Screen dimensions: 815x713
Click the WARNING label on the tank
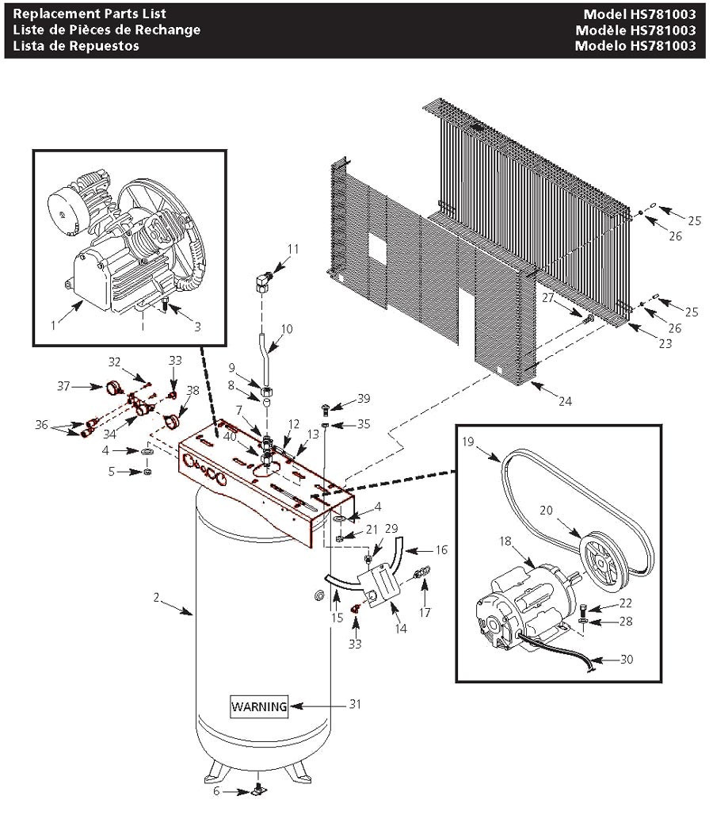260,706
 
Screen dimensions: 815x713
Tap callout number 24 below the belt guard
564,402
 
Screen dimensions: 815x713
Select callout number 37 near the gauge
64,386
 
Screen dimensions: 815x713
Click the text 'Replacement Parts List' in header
90,14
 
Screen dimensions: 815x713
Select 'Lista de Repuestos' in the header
76,45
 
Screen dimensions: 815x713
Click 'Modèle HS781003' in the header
639,30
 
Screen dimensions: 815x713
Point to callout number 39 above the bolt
363,398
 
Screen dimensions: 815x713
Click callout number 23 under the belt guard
665,344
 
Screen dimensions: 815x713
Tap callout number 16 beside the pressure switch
441,549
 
